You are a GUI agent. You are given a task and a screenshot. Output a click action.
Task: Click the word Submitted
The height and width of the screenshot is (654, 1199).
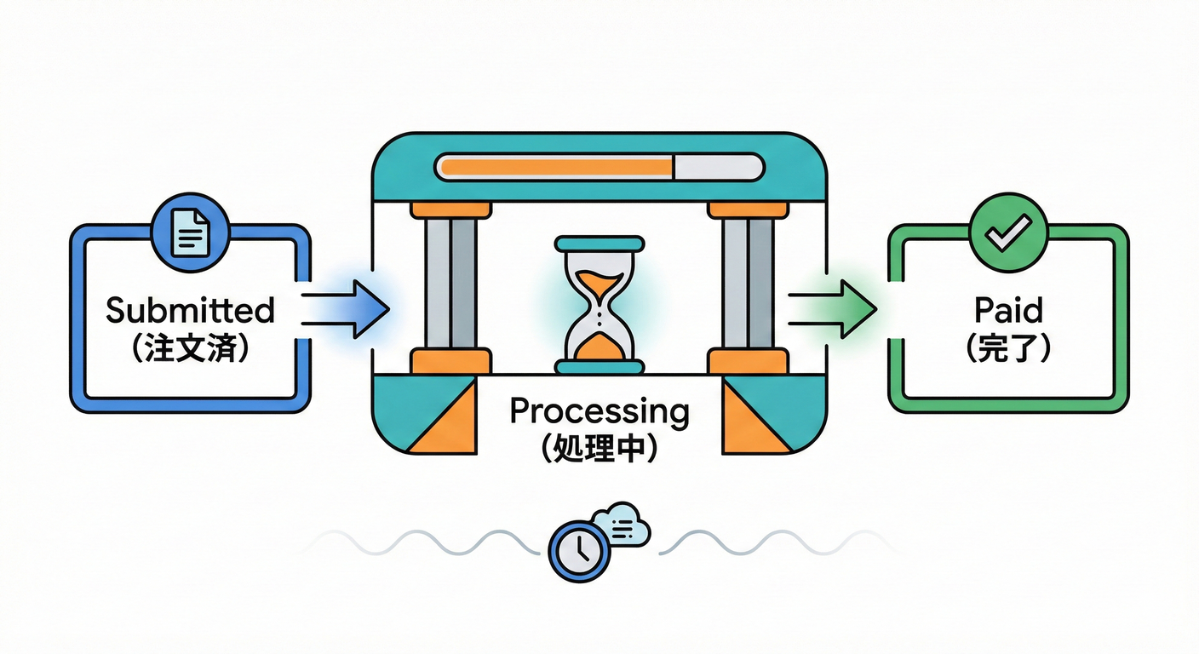pyautogui.click(x=190, y=311)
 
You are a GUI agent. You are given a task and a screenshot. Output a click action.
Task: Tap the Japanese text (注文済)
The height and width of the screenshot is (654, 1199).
pyautogui.click(x=190, y=350)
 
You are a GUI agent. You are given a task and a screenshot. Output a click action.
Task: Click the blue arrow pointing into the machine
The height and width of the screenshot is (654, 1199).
pyautogui.click(x=345, y=307)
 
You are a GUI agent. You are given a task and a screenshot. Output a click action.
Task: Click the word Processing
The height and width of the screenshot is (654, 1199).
pyautogui.click(x=599, y=412)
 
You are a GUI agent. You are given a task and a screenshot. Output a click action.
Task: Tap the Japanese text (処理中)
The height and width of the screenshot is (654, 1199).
pyautogui.click(x=599, y=449)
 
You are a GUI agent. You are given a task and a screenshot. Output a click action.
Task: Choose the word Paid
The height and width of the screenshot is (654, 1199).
pyautogui.click(x=1008, y=311)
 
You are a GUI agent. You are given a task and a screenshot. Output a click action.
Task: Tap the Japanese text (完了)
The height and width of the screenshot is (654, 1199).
pyautogui.click(x=1008, y=350)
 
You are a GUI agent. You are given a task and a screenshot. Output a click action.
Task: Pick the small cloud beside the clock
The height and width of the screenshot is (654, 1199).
pyautogui.click(x=622, y=525)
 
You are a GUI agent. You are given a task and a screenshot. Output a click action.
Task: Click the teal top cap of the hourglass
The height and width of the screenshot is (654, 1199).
pyautogui.click(x=599, y=244)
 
